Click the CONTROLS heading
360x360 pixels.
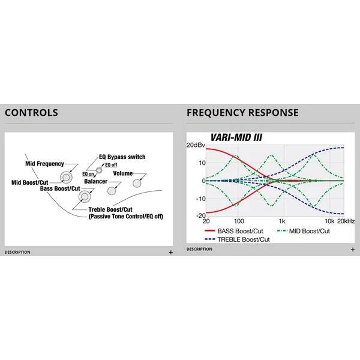31,113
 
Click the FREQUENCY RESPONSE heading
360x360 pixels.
242,113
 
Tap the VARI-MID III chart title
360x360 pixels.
236,137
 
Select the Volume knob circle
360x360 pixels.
137,184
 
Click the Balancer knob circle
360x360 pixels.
112,191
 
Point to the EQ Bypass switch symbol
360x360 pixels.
99,170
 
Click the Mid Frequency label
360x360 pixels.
44,164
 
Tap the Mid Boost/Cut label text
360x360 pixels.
30,182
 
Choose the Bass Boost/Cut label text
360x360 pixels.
60,188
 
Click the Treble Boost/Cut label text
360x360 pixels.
110,209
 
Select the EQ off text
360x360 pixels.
111,165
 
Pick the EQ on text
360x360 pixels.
88,174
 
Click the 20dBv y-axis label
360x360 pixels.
196,145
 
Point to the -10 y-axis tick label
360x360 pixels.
200,199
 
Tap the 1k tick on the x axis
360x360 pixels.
282,221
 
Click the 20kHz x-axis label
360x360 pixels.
346,221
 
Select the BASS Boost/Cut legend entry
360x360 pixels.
234,231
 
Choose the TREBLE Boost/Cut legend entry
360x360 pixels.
237,239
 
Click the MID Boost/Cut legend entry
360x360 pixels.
304,231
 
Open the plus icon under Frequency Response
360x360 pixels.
353,250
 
